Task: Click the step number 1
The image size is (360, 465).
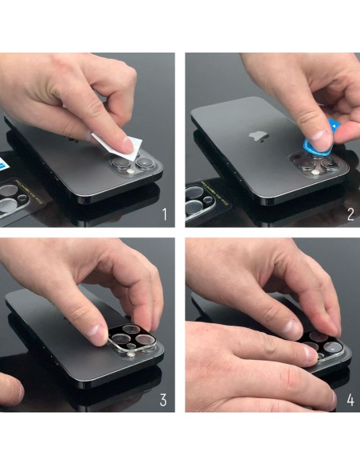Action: (x=165, y=214)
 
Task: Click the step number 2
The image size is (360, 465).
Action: (x=350, y=214)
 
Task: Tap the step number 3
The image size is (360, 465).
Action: (x=163, y=400)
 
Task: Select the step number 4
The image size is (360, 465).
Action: (x=350, y=400)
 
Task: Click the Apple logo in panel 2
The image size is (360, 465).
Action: (x=258, y=137)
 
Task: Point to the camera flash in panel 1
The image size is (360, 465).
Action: (x=130, y=172)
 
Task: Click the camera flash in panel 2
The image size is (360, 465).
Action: (x=316, y=173)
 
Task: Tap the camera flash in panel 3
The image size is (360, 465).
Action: (x=130, y=354)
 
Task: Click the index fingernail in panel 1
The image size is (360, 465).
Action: (x=128, y=145)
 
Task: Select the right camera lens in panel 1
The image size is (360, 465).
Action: (x=145, y=162)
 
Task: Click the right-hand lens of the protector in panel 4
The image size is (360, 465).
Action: (x=332, y=346)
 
